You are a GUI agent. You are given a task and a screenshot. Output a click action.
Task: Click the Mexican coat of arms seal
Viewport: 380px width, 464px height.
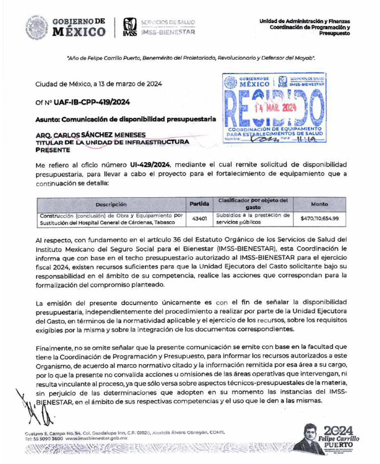36,28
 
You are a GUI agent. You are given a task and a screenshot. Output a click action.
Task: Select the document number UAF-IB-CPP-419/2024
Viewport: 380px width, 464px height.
92,102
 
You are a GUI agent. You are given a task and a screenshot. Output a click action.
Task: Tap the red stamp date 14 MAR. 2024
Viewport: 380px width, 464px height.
275,108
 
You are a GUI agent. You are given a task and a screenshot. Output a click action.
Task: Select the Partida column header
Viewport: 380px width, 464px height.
199,204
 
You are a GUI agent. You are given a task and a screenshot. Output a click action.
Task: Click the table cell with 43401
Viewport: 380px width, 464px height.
199,219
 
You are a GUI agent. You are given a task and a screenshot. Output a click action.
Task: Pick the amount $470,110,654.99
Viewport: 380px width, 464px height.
319,219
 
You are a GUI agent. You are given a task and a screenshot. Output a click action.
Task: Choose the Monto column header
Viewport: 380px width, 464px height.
319,204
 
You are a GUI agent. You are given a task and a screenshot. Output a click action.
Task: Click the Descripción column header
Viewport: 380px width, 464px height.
111,204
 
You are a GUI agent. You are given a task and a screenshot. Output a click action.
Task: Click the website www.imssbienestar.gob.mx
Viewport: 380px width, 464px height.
96,438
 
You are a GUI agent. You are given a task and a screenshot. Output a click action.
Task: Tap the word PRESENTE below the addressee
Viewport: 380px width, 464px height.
53,150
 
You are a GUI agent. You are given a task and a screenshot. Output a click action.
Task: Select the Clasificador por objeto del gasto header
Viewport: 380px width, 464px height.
253,204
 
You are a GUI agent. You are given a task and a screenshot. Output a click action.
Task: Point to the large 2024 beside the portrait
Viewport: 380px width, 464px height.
338,430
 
